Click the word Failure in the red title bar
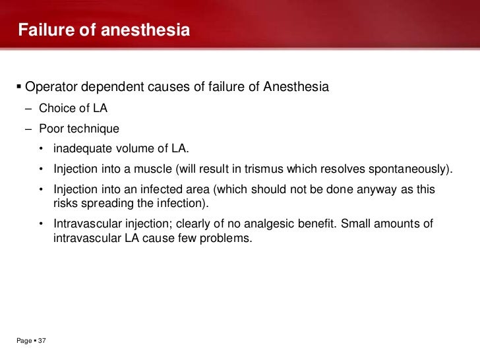[x=43, y=30]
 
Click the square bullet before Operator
[x=18, y=88]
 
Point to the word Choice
[x=57, y=108]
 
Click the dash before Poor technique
[x=30, y=129]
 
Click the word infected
[x=158, y=189]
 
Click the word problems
[x=229, y=238]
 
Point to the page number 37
[x=42, y=341]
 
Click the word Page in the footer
[x=24, y=341]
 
